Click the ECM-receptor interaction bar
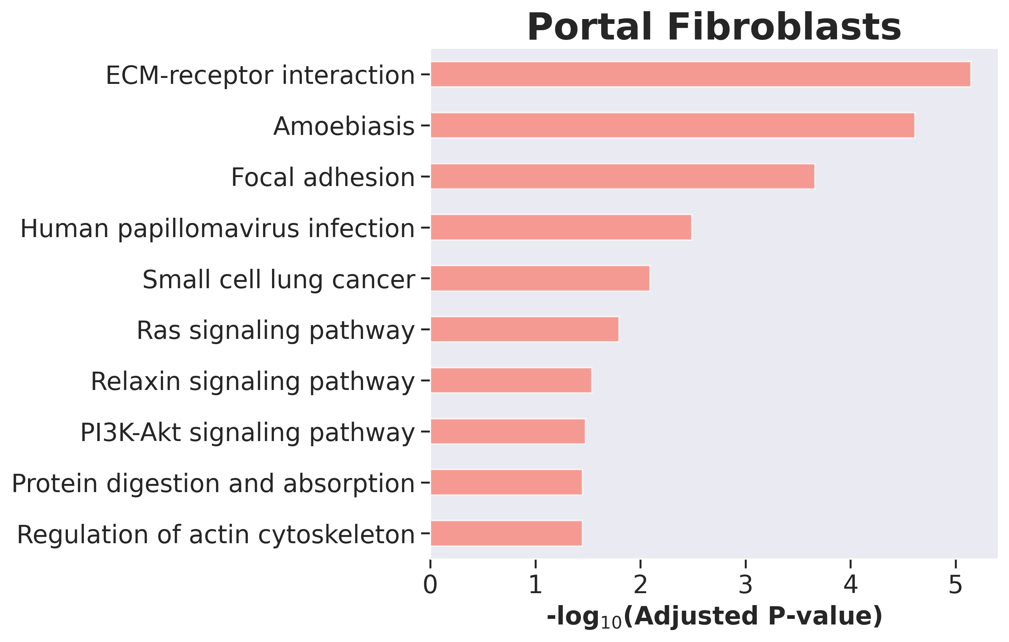(701, 74)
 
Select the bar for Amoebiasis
(672, 125)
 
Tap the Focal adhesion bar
(623, 176)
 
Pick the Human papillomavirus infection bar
(561, 227)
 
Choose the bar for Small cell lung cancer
(540, 278)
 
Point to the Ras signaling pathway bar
(525, 329)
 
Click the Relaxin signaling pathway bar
(511, 380)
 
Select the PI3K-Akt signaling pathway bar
(508, 431)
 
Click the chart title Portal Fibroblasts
(714, 27)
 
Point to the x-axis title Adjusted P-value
(715, 617)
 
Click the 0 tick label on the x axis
(430, 585)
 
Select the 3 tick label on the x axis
(746, 585)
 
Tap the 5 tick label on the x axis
(955, 585)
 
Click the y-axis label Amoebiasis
(344, 126)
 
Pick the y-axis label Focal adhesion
(323, 177)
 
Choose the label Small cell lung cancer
(279, 280)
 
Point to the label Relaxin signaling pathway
(253, 382)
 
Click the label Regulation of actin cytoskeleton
(216, 535)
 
